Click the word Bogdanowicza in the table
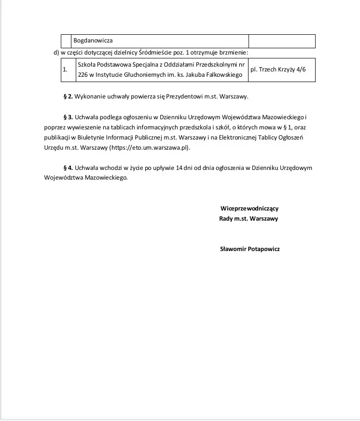point(93,41)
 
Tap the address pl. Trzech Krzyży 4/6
point(278,70)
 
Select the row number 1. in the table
point(65,70)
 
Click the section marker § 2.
point(68,97)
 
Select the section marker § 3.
point(68,117)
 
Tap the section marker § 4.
point(68,168)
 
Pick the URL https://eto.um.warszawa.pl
point(150,147)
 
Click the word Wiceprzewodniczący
point(249,209)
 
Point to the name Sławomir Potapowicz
point(249,249)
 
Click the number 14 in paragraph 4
point(180,168)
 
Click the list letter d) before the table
point(56,52)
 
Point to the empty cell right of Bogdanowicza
point(282,41)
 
